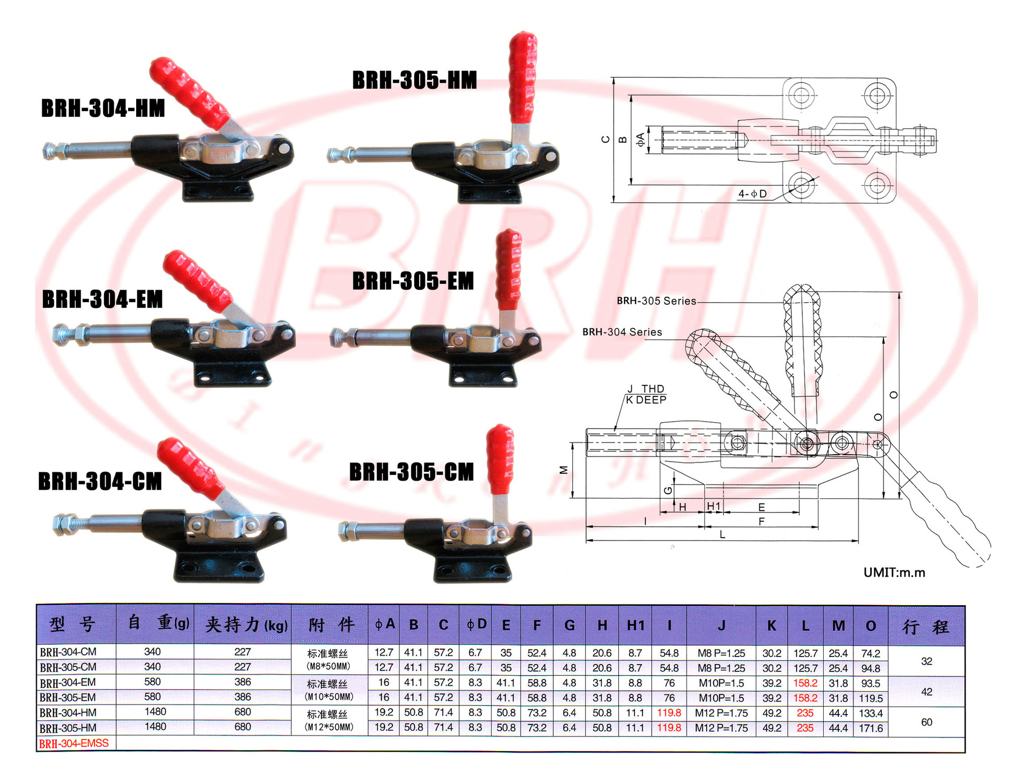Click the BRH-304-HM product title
[103, 108]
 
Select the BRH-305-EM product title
[413, 281]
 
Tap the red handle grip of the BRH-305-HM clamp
[522, 77]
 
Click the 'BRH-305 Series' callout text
[656, 301]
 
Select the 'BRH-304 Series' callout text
[622, 332]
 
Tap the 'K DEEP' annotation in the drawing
[646, 400]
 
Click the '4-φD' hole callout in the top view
[752, 194]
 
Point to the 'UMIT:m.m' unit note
[894, 573]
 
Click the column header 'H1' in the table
[635, 625]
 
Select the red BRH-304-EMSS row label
[74, 744]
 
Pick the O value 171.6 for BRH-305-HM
[871, 728]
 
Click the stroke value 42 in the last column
[926, 692]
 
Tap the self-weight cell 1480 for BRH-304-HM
[155, 711]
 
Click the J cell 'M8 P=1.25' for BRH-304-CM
[721, 653]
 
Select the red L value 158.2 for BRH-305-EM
[805, 698]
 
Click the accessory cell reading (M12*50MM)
[328, 727]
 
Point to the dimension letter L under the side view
[722, 534]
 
